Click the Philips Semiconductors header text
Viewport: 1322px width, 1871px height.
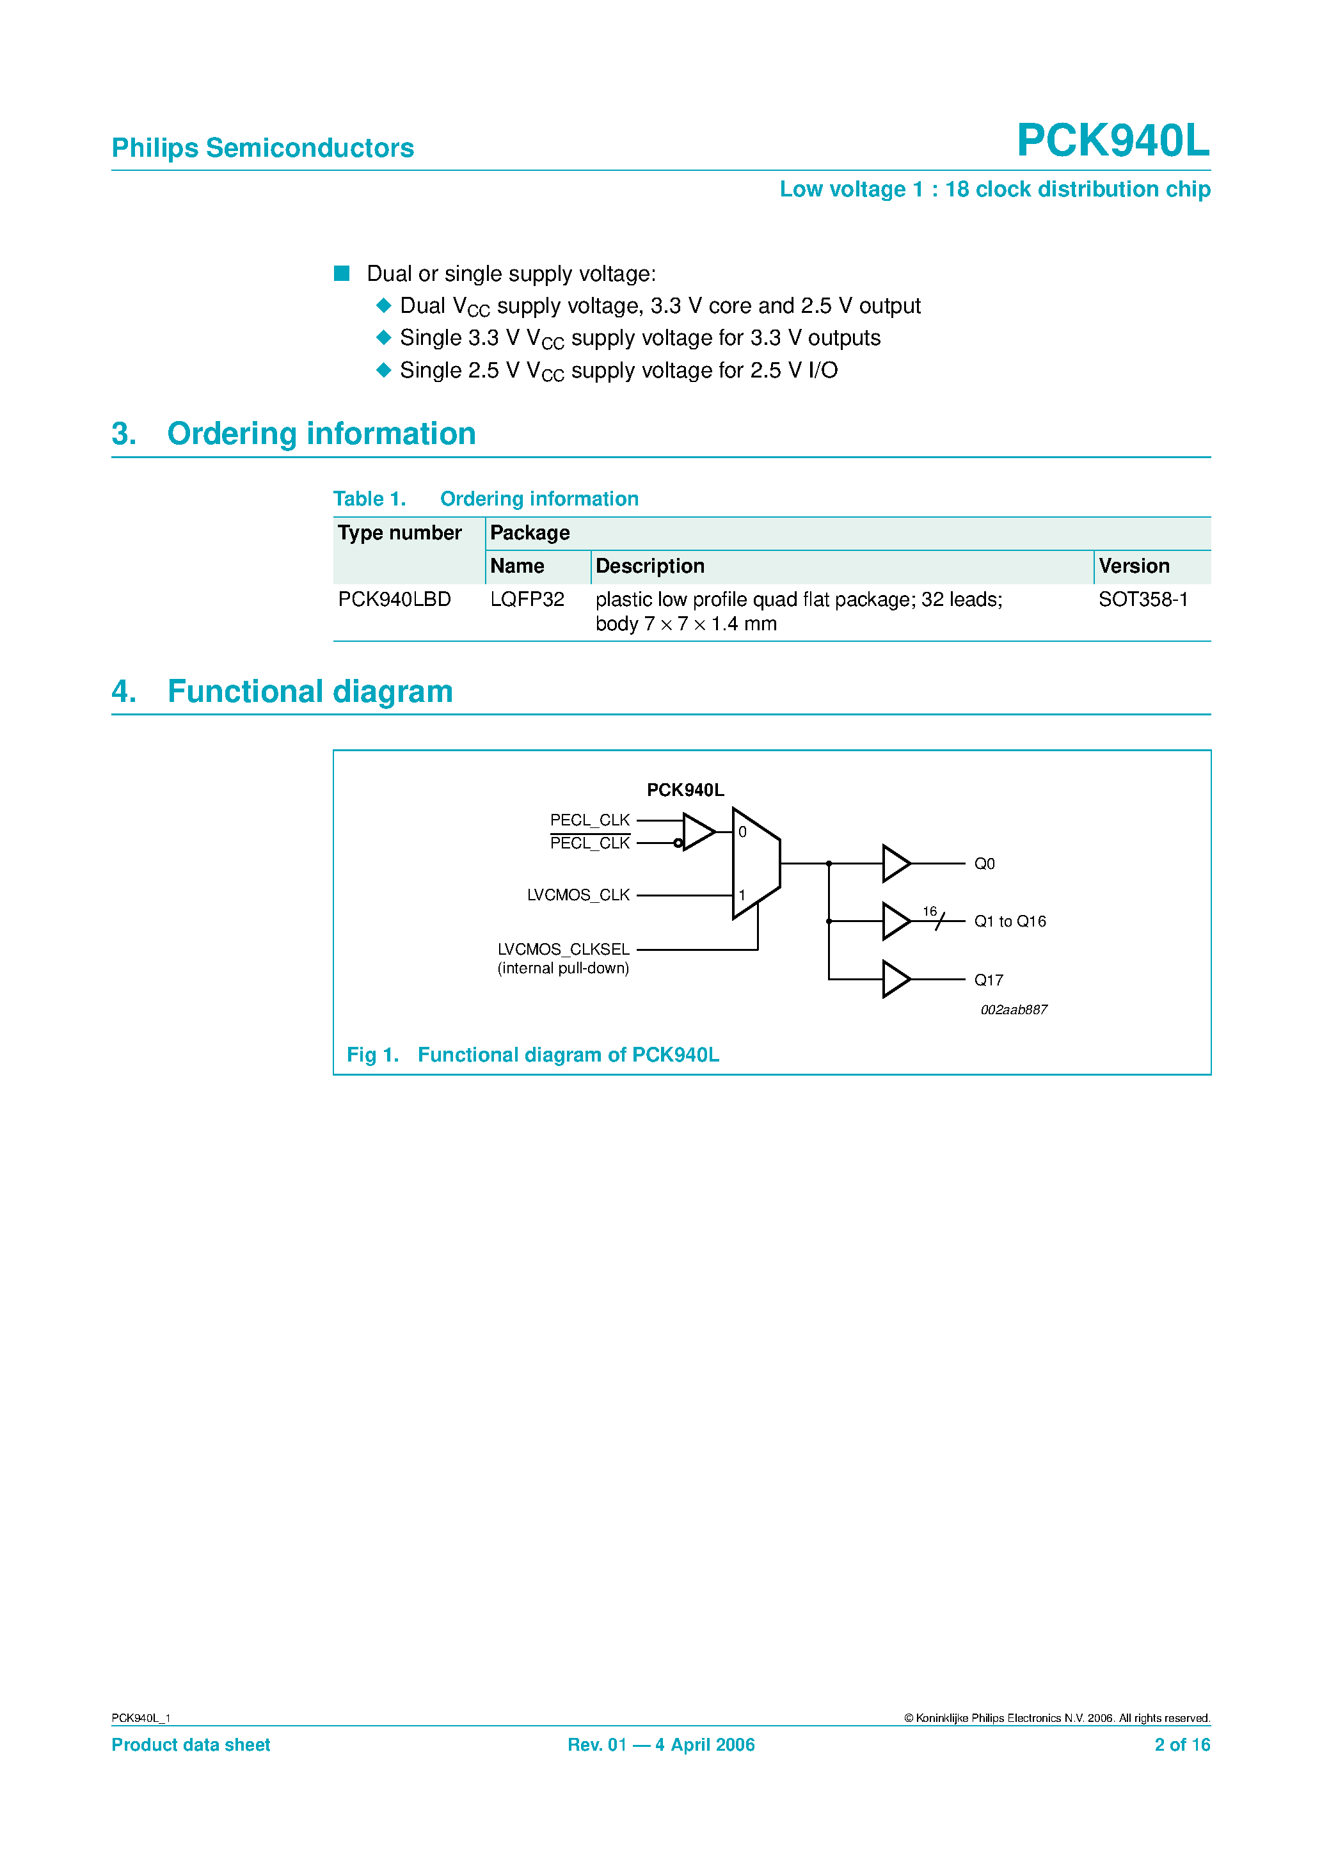(x=262, y=148)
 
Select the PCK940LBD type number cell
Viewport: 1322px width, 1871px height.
(x=394, y=600)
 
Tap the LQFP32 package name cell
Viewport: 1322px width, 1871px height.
(x=527, y=600)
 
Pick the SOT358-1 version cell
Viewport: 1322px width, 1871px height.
(x=1143, y=600)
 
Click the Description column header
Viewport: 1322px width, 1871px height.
(x=649, y=566)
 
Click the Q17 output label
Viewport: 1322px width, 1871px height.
(x=988, y=980)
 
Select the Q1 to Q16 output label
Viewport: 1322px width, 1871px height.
(x=1009, y=921)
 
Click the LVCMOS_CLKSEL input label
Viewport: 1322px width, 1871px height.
(x=563, y=950)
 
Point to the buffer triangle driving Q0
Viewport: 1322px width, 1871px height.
(x=895, y=864)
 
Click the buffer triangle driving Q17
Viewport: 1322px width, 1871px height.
(x=895, y=980)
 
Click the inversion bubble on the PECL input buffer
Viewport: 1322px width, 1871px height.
(x=678, y=843)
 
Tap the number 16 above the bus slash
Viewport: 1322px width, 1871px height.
(x=929, y=911)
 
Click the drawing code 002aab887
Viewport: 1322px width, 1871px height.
(x=1013, y=1010)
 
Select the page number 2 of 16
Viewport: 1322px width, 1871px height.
(x=1181, y=1745)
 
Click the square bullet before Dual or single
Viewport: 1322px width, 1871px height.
(x=342, y=274)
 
